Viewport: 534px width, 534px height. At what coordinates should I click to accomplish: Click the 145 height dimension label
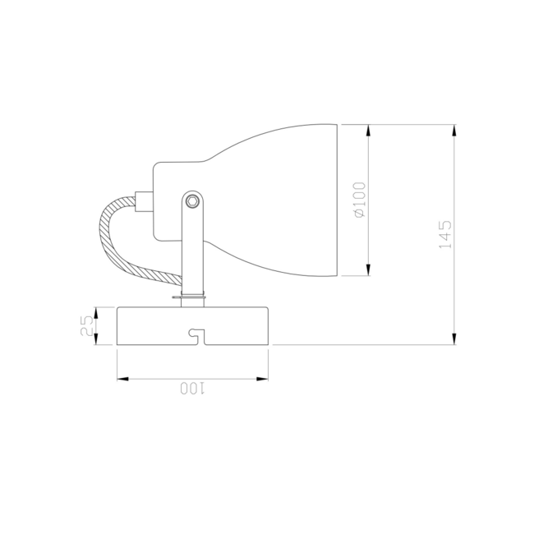(x=444, y=234)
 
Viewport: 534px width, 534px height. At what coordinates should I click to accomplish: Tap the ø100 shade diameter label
(x=359, y=200)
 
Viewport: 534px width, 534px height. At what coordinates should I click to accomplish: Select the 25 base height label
(x=85, y=327)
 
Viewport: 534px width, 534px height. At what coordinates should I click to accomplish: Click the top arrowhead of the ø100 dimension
(x=369, y=130)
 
